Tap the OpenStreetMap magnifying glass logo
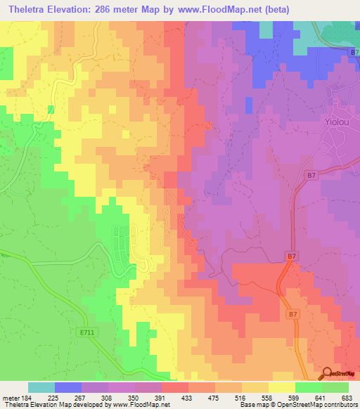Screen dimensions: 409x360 click(326, 374)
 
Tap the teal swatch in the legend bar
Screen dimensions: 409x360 click(41, 387)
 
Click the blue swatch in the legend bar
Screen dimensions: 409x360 click(67, 387)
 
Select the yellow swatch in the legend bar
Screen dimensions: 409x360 click(281, 387)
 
